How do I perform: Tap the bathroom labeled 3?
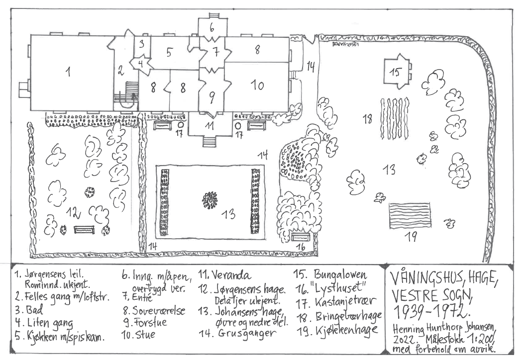(x=142, y=44)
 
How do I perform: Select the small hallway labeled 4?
(x=140, y=64)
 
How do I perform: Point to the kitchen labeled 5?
(x=170, y=52)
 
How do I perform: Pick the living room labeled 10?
(x=256, y=85)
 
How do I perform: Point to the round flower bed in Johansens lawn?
(x=210, y=200)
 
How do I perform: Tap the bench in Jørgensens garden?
(x=84, y=230)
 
